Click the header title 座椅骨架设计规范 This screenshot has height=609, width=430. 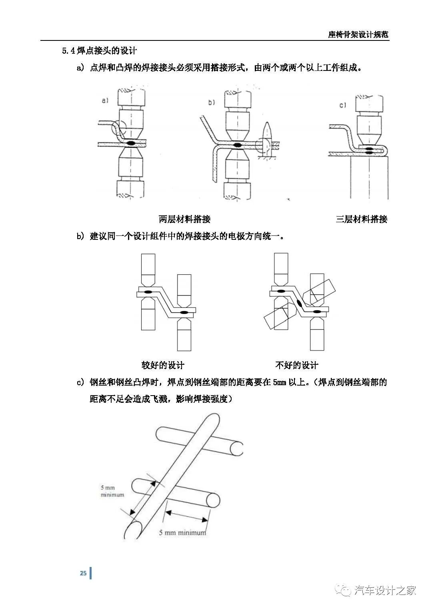click(358, 34)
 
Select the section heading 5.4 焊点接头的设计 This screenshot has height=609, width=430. click(99, 51)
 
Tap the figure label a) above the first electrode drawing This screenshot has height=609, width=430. click(105, 100)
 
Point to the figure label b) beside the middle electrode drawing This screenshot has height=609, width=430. click(211, 103)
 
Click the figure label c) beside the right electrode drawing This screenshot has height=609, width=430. click(342, 105)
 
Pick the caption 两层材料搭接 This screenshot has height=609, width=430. click(184, 219)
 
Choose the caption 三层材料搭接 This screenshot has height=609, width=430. click(362, 219)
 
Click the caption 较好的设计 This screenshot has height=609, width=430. click(163, 365)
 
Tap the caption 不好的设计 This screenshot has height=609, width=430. click(297, 365)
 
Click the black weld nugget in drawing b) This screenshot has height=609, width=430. click(238, 145)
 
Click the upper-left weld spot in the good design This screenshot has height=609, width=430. click(148, 291)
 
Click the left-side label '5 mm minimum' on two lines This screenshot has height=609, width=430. click(112, 491)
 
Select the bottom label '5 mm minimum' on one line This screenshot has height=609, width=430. click(182, 533)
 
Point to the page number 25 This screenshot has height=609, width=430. click(83, 573)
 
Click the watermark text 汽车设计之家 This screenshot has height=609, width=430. click(385, 590)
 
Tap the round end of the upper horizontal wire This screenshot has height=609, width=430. click(236, 448)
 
